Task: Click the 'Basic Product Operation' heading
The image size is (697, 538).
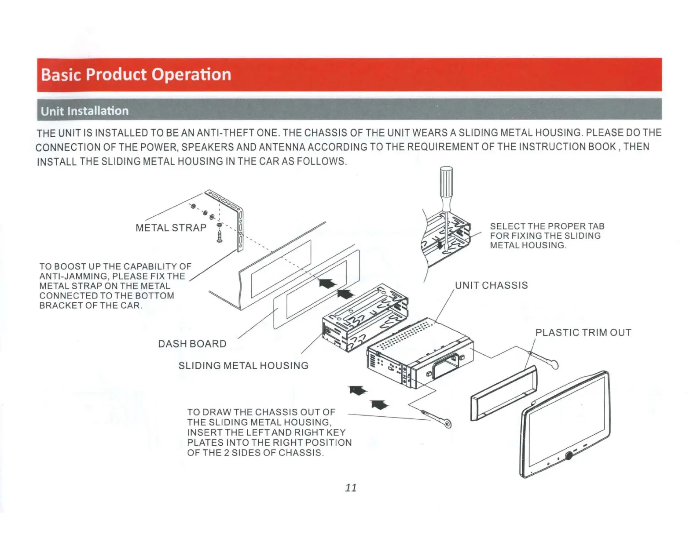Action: point(136,75)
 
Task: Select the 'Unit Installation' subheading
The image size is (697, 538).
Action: point(84,111)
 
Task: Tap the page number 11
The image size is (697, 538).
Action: point(351,487)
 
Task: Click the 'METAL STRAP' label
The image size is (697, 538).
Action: point(171,228)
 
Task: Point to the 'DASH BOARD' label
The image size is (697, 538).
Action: point(192,344)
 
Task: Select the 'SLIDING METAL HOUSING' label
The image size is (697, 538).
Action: point(243,366)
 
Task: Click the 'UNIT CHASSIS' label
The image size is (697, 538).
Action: point(491,285)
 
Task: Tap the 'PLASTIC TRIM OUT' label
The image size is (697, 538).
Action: point(583,333)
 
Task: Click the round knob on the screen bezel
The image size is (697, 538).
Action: point(569,456)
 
